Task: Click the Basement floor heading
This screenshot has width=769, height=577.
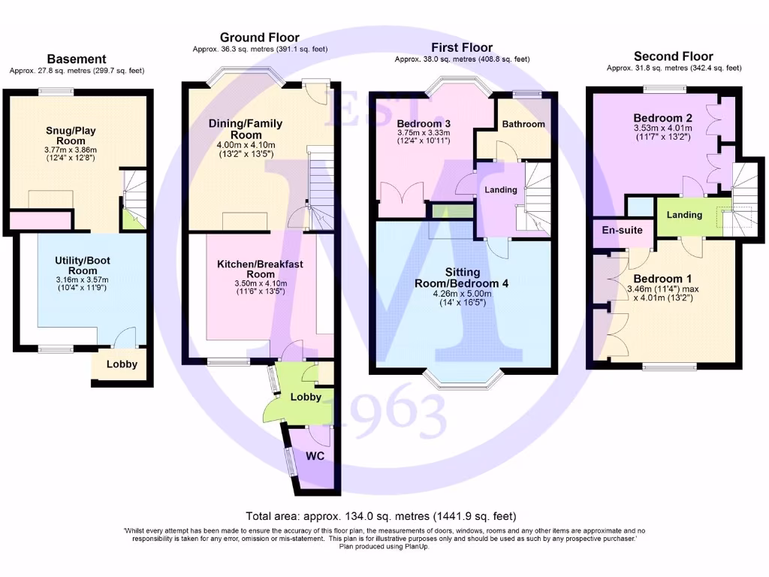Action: coord(77,59)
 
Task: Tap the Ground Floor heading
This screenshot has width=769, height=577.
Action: coord(259,38)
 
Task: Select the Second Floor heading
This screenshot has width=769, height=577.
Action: coord(673,56)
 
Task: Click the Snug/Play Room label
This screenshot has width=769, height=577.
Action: coord(77,135)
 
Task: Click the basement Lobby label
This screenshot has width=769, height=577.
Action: coord(122,364)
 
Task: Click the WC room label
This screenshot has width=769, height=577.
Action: coord(315,456)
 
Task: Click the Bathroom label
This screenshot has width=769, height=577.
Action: coord(523,124)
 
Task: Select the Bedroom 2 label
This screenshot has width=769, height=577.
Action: coord(662,118)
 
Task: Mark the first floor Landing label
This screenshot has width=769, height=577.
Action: coord(500,190)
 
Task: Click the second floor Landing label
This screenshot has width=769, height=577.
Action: coord(684,215)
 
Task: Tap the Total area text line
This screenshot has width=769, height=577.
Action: coord(381,516)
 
